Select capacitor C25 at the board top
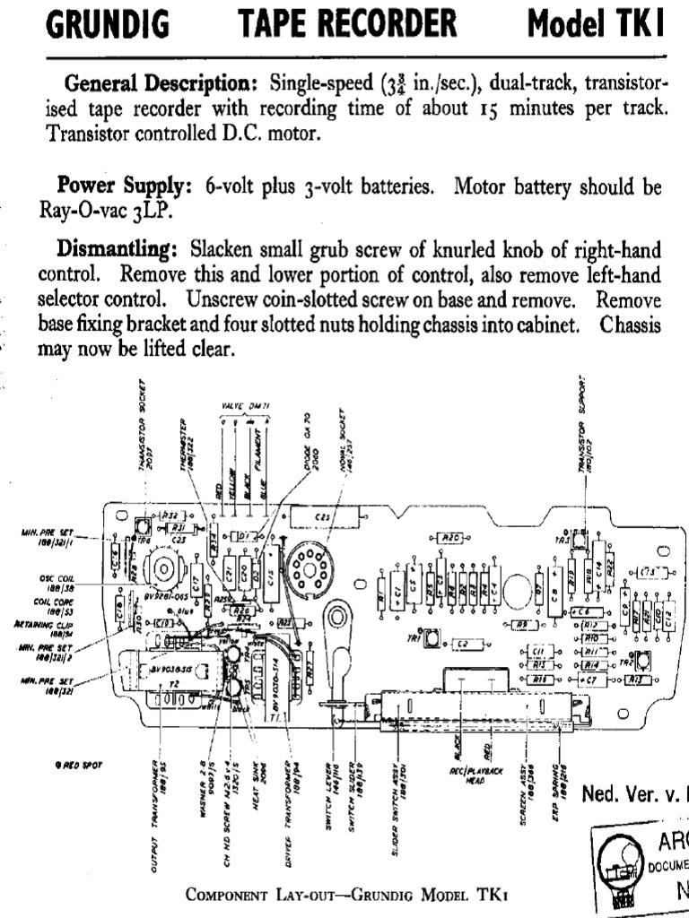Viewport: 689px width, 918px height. point(322,518)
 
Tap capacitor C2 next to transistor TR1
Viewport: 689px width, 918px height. point(462,644)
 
